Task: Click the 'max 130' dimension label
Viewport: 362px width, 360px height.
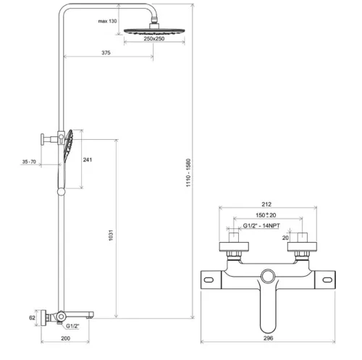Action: (107, 22)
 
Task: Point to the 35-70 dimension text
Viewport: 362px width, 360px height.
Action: (30, 163)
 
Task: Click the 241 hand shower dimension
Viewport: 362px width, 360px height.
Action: (88, 160)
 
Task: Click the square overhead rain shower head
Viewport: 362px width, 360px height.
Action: (153, 30)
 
